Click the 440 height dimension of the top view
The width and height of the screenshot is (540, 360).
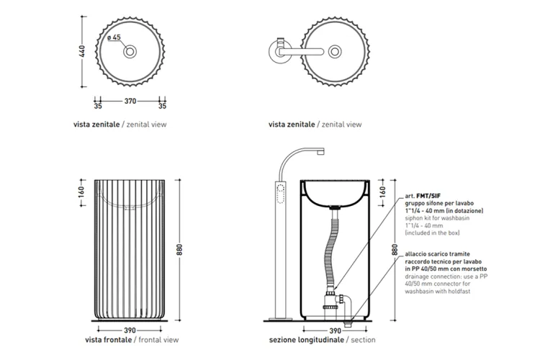pyautogui.click(x=82, y=51)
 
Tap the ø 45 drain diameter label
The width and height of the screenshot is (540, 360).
pyautogui.click(x=114, y=37)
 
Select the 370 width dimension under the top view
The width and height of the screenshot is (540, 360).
pyautogui.click(x=130, y=101)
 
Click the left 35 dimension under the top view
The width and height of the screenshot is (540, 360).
pyautogui.click(x=98, y=106)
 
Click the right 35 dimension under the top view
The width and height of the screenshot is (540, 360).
pyautogui.click(x=162, y=106)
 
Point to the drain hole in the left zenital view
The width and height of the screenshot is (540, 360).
pyautogui.click(x=130, y=52)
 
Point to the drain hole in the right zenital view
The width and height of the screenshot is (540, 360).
pyautogui.click(x=335, y=52)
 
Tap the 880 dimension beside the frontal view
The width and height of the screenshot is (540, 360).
pyautogui.click(x=179, y=250)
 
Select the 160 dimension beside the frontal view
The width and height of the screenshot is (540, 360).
pyautogui.click(x=81, y=192)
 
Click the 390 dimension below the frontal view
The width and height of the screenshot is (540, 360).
pyautogui.click(x=130, y=330)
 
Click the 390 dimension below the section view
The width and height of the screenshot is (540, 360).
pyautogui.click(x=335, y=330)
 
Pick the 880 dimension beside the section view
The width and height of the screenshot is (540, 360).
pyautogui.click(x=395, y=250)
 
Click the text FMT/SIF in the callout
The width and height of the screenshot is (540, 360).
pyautogui.click(x=428, y=196)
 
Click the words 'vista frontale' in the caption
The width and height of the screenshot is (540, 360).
pyautogui.click(x=109, y=340)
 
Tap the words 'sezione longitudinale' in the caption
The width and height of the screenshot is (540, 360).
pyautogui.click(x=307, y=340)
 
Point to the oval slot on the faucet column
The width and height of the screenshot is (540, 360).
pyautogui.click(x=281, y=194)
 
